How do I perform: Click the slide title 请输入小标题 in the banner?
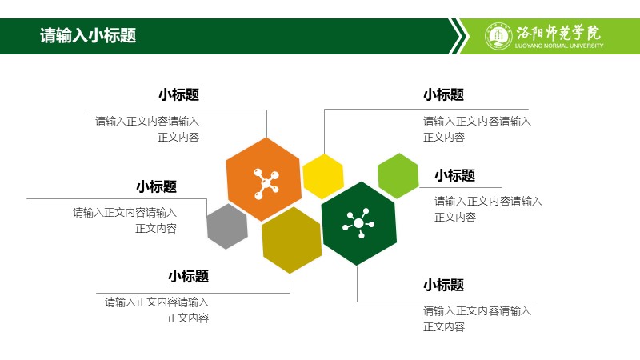click(88, 35)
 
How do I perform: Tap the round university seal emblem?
click(498, 36)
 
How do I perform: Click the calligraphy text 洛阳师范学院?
click(558, 33)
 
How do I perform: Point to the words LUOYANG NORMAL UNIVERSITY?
click(559, 46)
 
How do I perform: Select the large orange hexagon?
click(264, 179)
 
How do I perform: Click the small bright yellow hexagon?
click(323, 176)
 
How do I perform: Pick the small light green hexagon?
click(398, 176)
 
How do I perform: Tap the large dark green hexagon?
click(358, 223)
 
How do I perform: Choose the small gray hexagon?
click(227, 226)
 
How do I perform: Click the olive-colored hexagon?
click(291, 240)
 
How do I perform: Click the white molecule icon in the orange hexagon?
click(266, 184)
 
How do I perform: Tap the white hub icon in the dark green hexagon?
click(358, 223)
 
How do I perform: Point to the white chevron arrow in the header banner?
click(458, 36)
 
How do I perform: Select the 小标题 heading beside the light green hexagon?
click(454, 175)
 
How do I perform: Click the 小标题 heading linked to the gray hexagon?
click(156, 186)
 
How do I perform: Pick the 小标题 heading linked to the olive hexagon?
click(188, 276)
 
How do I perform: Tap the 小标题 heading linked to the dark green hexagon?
click(444, 285)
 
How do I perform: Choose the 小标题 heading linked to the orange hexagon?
click(178, 94)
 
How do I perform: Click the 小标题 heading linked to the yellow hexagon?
click(444, 94)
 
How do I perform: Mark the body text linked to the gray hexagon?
click(125, 221)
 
